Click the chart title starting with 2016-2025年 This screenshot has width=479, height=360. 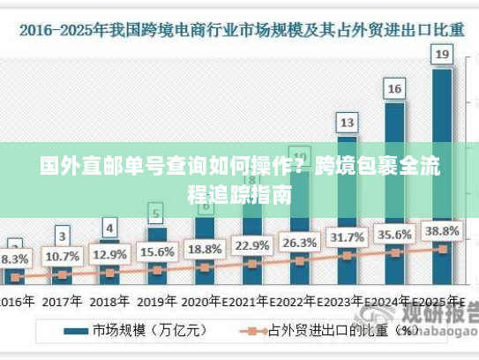[x=239, y=28]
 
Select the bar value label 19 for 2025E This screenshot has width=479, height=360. [x=442, y=55]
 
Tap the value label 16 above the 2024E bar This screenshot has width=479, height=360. [x=394, y=88]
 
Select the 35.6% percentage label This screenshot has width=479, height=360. [x=394, y=235]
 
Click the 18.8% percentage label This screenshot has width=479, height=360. [x=205, y=248]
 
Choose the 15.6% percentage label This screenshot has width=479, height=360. [x=157, y=251]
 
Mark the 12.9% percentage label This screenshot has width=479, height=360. [x=109, y=254]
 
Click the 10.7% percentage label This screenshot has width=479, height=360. [x=62, y=257]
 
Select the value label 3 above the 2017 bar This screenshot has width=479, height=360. [x=62, y=236]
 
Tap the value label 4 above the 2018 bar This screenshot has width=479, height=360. [x=109, y=227]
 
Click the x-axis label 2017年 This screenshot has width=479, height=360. [x=62, y=300]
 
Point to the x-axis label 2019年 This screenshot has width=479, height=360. [x=157, y=300]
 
